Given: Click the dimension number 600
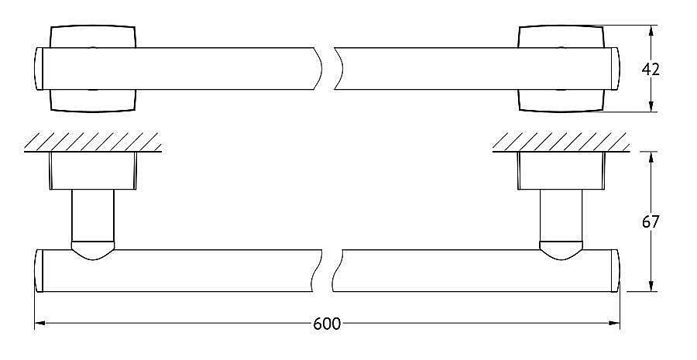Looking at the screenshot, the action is (327, 324).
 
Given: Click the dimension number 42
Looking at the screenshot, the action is (651, 70).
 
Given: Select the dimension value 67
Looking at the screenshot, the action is (651, 221).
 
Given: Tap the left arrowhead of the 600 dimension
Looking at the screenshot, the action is (40, 323).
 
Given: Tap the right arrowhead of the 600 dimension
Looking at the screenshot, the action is (614, 323).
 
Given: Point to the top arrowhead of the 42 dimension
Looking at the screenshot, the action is (651, 31).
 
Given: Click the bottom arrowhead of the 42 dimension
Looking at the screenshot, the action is (651, 106).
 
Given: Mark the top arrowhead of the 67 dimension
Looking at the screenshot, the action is (651, 157).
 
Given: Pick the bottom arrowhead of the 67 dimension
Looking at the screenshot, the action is (651, 286).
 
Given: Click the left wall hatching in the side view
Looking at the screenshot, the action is (92, 142).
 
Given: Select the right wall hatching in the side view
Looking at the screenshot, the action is (561, 142).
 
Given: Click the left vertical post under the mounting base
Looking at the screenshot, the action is (93, 216).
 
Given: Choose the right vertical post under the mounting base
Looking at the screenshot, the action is (561, 216).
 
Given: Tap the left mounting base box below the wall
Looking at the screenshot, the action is (93, 171).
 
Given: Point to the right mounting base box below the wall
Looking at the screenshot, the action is (561, 171).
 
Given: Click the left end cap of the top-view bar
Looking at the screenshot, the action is (38, 69).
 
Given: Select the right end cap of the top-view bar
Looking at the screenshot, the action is (615, 69).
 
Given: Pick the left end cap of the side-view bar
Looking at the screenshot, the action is (39, 271).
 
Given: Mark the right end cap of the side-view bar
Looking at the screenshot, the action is (615, 271).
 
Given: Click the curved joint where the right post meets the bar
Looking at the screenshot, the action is (561, 251).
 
